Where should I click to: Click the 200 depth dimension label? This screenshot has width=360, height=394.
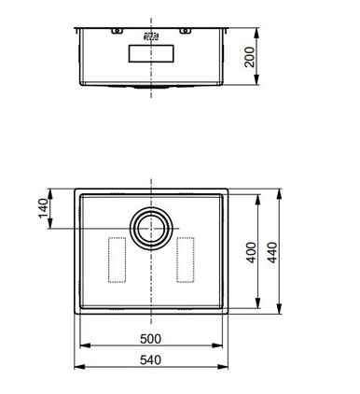(x=249, y=57)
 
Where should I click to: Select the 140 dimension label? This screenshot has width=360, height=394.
(x=44, y=208)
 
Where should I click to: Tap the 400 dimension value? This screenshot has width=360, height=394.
(x=251, y=253)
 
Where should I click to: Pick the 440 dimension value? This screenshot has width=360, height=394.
(x=272, y=253)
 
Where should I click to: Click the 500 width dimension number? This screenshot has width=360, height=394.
(x=151, y=339)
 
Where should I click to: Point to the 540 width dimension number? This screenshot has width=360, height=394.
(x=151, y=359)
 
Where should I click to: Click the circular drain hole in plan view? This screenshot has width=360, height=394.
(x=151, y=229)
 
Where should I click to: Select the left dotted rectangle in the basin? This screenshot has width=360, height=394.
(x=117, y=260)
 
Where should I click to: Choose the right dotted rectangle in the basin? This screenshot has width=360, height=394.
(x=186, y=260)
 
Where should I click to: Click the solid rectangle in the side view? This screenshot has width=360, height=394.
(x=151, y=53)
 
